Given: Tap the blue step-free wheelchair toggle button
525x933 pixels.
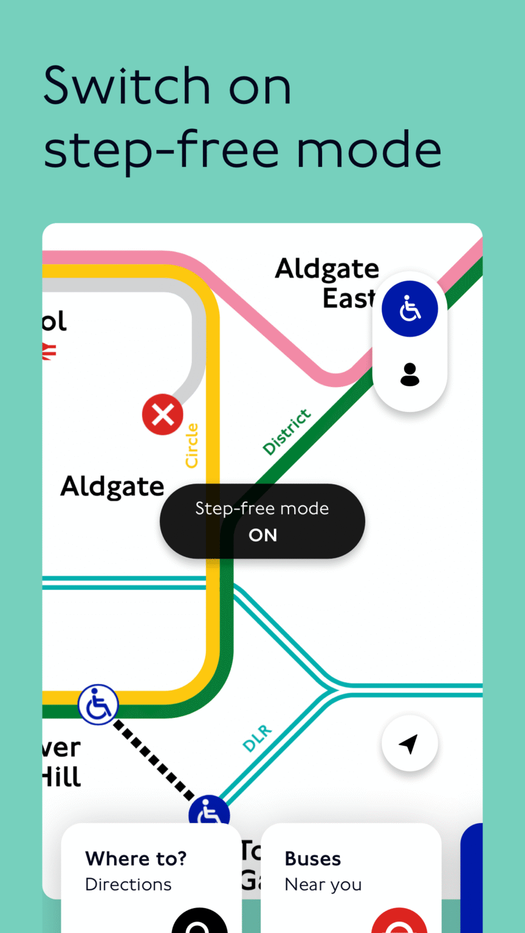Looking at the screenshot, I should (410, 309).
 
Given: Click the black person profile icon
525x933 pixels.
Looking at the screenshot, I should (410, 375).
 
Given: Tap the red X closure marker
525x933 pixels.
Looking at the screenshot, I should (162, 415).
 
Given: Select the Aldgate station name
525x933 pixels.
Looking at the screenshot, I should (112, 487).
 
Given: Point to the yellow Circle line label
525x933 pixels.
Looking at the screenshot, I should (192, 446).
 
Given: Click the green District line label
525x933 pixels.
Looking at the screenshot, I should (287, 432).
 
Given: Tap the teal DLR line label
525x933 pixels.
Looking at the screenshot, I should (258, 738).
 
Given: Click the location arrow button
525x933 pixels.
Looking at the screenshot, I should (410, 743).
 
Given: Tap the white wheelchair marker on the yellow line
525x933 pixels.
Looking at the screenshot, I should (98, 705).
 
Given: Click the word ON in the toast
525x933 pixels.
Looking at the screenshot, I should (262, 535).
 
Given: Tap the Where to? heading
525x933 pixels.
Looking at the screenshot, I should (136, 859).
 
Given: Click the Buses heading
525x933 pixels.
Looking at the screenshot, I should (313, 859).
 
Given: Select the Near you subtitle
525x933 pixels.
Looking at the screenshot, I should (323, 885).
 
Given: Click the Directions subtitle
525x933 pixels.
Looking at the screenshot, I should (128, 884).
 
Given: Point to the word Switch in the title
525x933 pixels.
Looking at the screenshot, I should (126, 86).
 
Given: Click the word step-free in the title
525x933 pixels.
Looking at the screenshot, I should (170, 150).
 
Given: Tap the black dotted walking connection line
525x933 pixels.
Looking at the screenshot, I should (153, 759).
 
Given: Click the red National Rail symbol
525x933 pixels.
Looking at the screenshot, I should (49, 350).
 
